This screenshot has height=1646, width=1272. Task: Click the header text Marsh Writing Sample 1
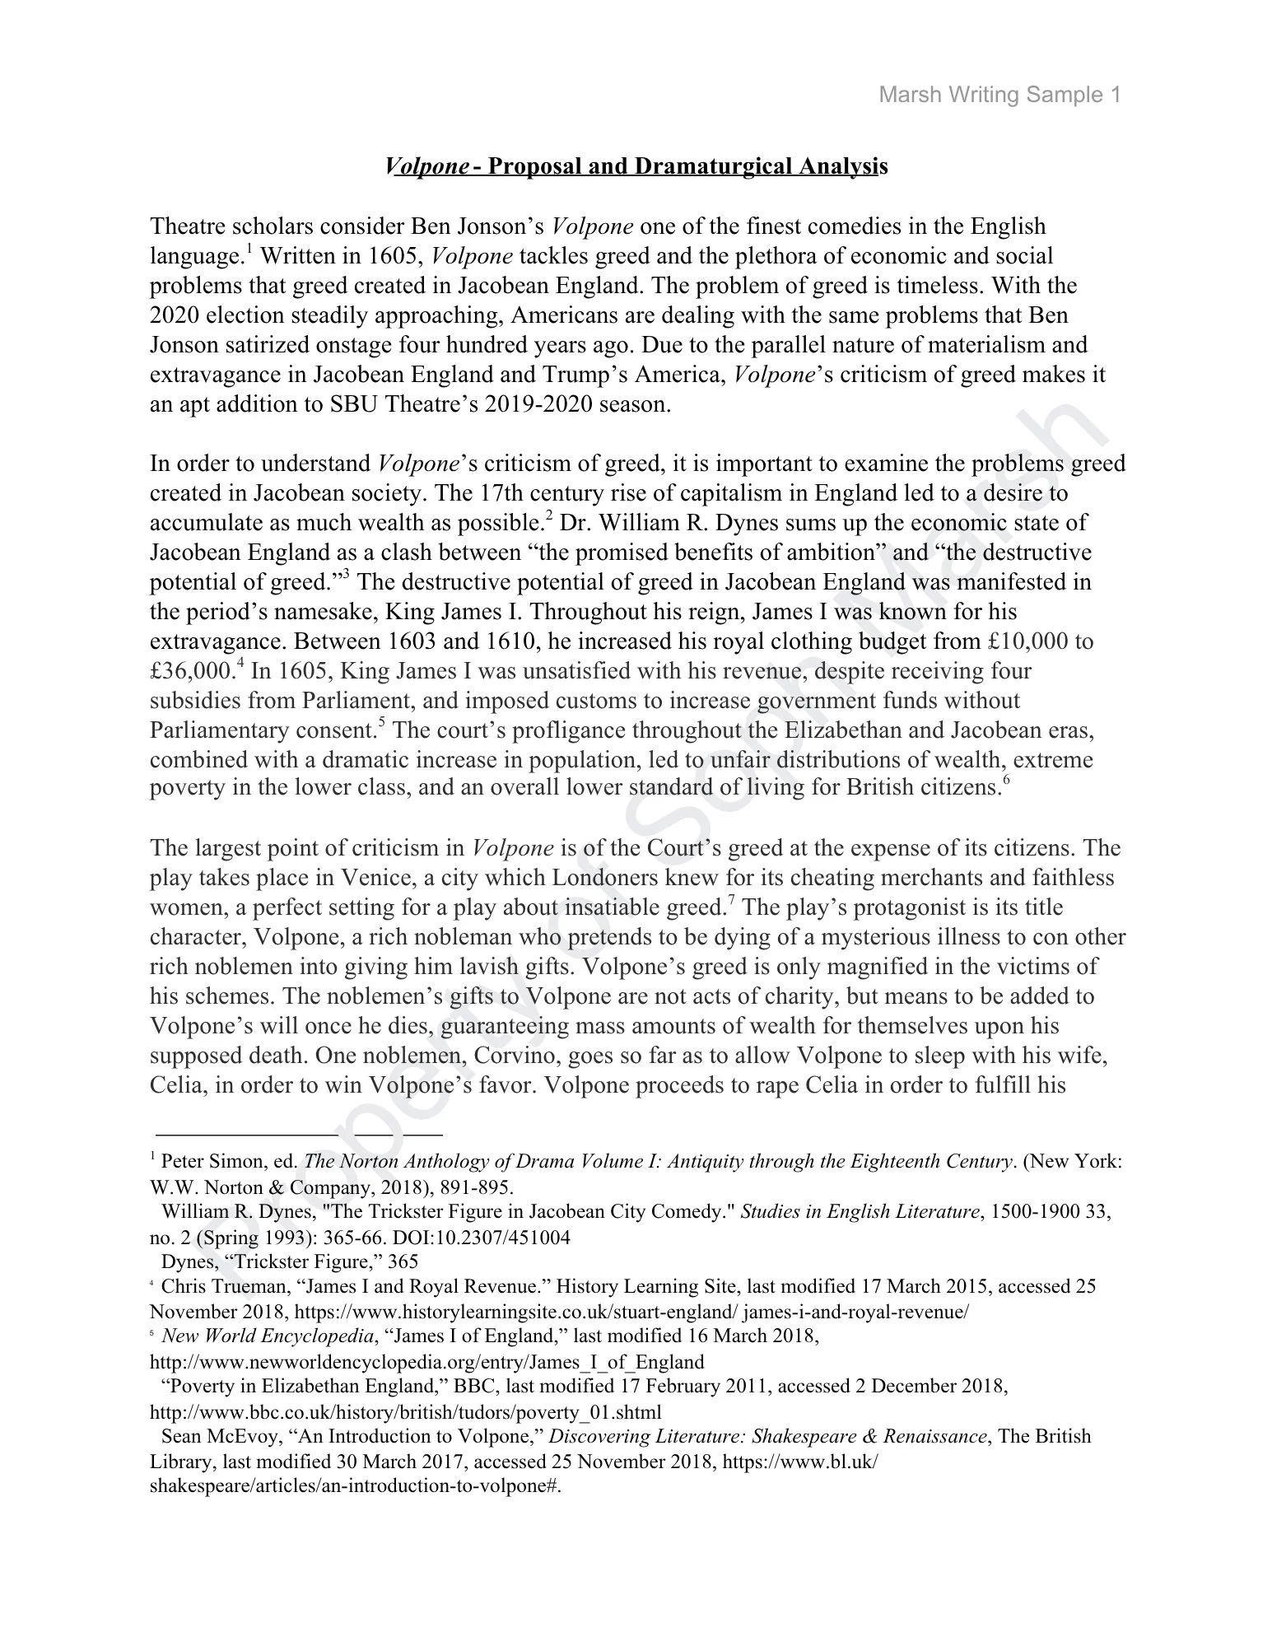click(x=999, y=95)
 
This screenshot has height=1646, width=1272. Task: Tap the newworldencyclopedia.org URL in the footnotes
click(x=426, y=1361)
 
